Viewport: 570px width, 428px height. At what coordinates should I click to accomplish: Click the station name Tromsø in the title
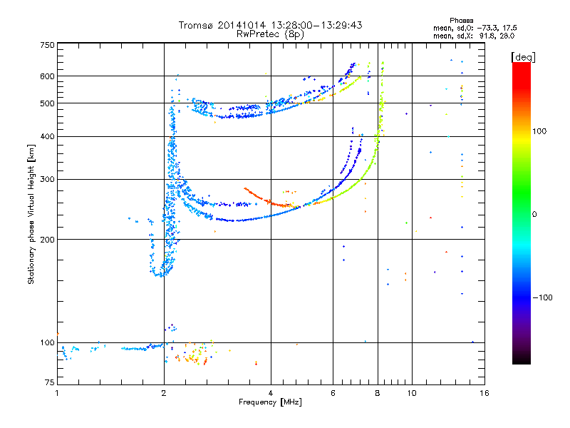[197, 25]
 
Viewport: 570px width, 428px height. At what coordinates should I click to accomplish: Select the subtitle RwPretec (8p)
[270, 34]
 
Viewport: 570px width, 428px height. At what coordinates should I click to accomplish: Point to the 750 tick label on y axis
[48, 45]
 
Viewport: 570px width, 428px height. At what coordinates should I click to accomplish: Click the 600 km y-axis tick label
[48, 76]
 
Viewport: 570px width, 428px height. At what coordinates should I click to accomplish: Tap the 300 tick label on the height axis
[48, 180]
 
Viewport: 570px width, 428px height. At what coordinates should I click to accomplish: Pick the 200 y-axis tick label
[48, 240]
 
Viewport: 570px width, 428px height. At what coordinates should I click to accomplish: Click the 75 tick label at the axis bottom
[50, 382]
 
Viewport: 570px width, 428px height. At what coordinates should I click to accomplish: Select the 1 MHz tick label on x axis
[57, 393]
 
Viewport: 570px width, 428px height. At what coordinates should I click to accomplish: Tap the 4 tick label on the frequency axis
[271, 393]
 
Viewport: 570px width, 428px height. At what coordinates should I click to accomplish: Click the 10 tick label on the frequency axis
[412, 393]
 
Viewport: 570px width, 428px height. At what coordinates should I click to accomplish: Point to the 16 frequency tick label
[484, 393]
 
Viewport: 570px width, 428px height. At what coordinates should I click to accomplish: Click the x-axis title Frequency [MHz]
[270, 402]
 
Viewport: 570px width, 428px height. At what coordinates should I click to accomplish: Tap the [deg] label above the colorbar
[523, 57]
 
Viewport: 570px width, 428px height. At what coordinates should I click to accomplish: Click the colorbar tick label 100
[539, 131]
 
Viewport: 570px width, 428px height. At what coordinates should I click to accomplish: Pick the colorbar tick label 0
[534, 215]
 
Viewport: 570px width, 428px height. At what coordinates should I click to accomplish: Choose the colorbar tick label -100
[543, 297]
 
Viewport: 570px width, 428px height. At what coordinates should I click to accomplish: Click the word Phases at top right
[461, 21]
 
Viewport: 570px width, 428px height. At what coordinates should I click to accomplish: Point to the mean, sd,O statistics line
[475, 28]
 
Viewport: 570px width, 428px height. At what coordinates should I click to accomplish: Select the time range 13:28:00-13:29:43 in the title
[316, 25]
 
